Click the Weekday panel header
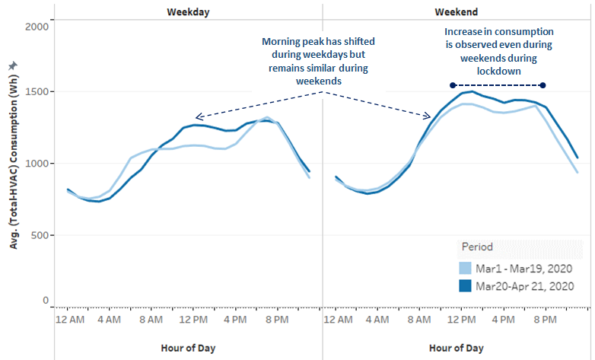(189, 12)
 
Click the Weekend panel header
(457, 12)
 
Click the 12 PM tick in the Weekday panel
(194, 319)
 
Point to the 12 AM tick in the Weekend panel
(336, 319)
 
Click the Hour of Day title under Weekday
(188, 348)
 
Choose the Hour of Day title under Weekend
(456, 348)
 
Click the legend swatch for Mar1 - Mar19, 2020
(466, 268)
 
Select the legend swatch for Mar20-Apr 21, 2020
(466, 286)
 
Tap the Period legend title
(478, 247)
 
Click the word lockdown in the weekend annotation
(498, 70)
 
